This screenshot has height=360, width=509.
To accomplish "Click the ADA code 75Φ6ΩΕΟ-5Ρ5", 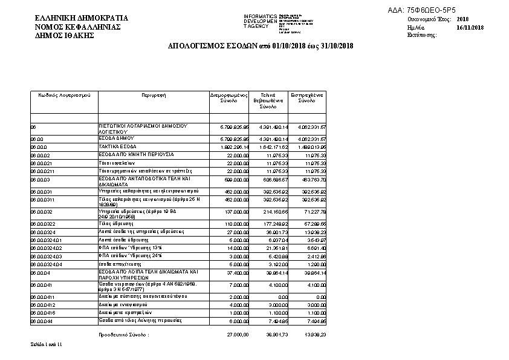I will pos(430,11).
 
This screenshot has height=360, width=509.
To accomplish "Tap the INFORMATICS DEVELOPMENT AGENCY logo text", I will pos(260,21).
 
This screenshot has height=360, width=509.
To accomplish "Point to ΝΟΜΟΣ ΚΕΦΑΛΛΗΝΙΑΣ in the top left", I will pos(78,28).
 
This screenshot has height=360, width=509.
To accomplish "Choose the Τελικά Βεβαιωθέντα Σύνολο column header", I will pos(268,100).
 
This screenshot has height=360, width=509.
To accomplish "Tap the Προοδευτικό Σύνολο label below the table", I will pos(123,334).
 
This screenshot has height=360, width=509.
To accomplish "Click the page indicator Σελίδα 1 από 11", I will pos(47,344).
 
